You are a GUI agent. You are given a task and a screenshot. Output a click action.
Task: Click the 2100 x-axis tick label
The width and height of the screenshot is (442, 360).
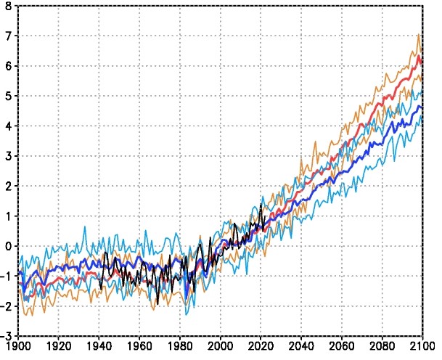click(422, 348)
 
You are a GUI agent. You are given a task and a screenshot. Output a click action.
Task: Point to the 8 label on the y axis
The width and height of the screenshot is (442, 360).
click(8, 6)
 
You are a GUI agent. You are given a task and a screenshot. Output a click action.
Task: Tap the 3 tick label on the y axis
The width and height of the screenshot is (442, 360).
click(8, 156)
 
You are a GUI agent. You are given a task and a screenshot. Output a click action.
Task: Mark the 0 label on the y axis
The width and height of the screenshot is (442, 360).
click(8, 246)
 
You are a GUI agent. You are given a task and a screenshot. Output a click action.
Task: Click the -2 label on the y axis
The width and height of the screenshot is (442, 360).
click(6, 306)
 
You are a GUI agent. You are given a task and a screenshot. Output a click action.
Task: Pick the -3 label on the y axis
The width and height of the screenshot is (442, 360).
click(6, 336)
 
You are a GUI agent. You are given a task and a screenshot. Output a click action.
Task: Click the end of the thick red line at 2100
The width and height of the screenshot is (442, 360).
click(422, 62)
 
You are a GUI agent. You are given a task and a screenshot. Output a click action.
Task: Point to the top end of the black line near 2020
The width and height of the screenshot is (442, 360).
click(261, 205)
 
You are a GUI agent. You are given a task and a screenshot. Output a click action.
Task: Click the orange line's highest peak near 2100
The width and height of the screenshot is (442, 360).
click(419, 34)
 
